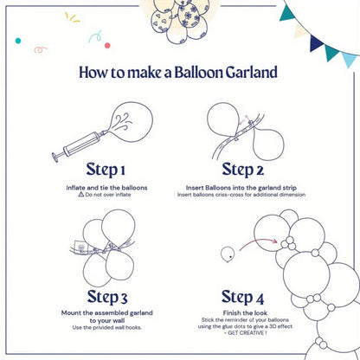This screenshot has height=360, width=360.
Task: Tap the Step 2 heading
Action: [x=248, y=168]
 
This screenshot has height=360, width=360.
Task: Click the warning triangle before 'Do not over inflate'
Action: [x=80, y=195]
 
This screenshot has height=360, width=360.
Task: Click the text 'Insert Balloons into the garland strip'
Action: [x=248, y=187]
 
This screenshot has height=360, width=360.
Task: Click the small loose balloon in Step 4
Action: [x=227, y=254]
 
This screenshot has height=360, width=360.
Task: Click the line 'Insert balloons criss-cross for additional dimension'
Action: [x=248, y=195]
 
